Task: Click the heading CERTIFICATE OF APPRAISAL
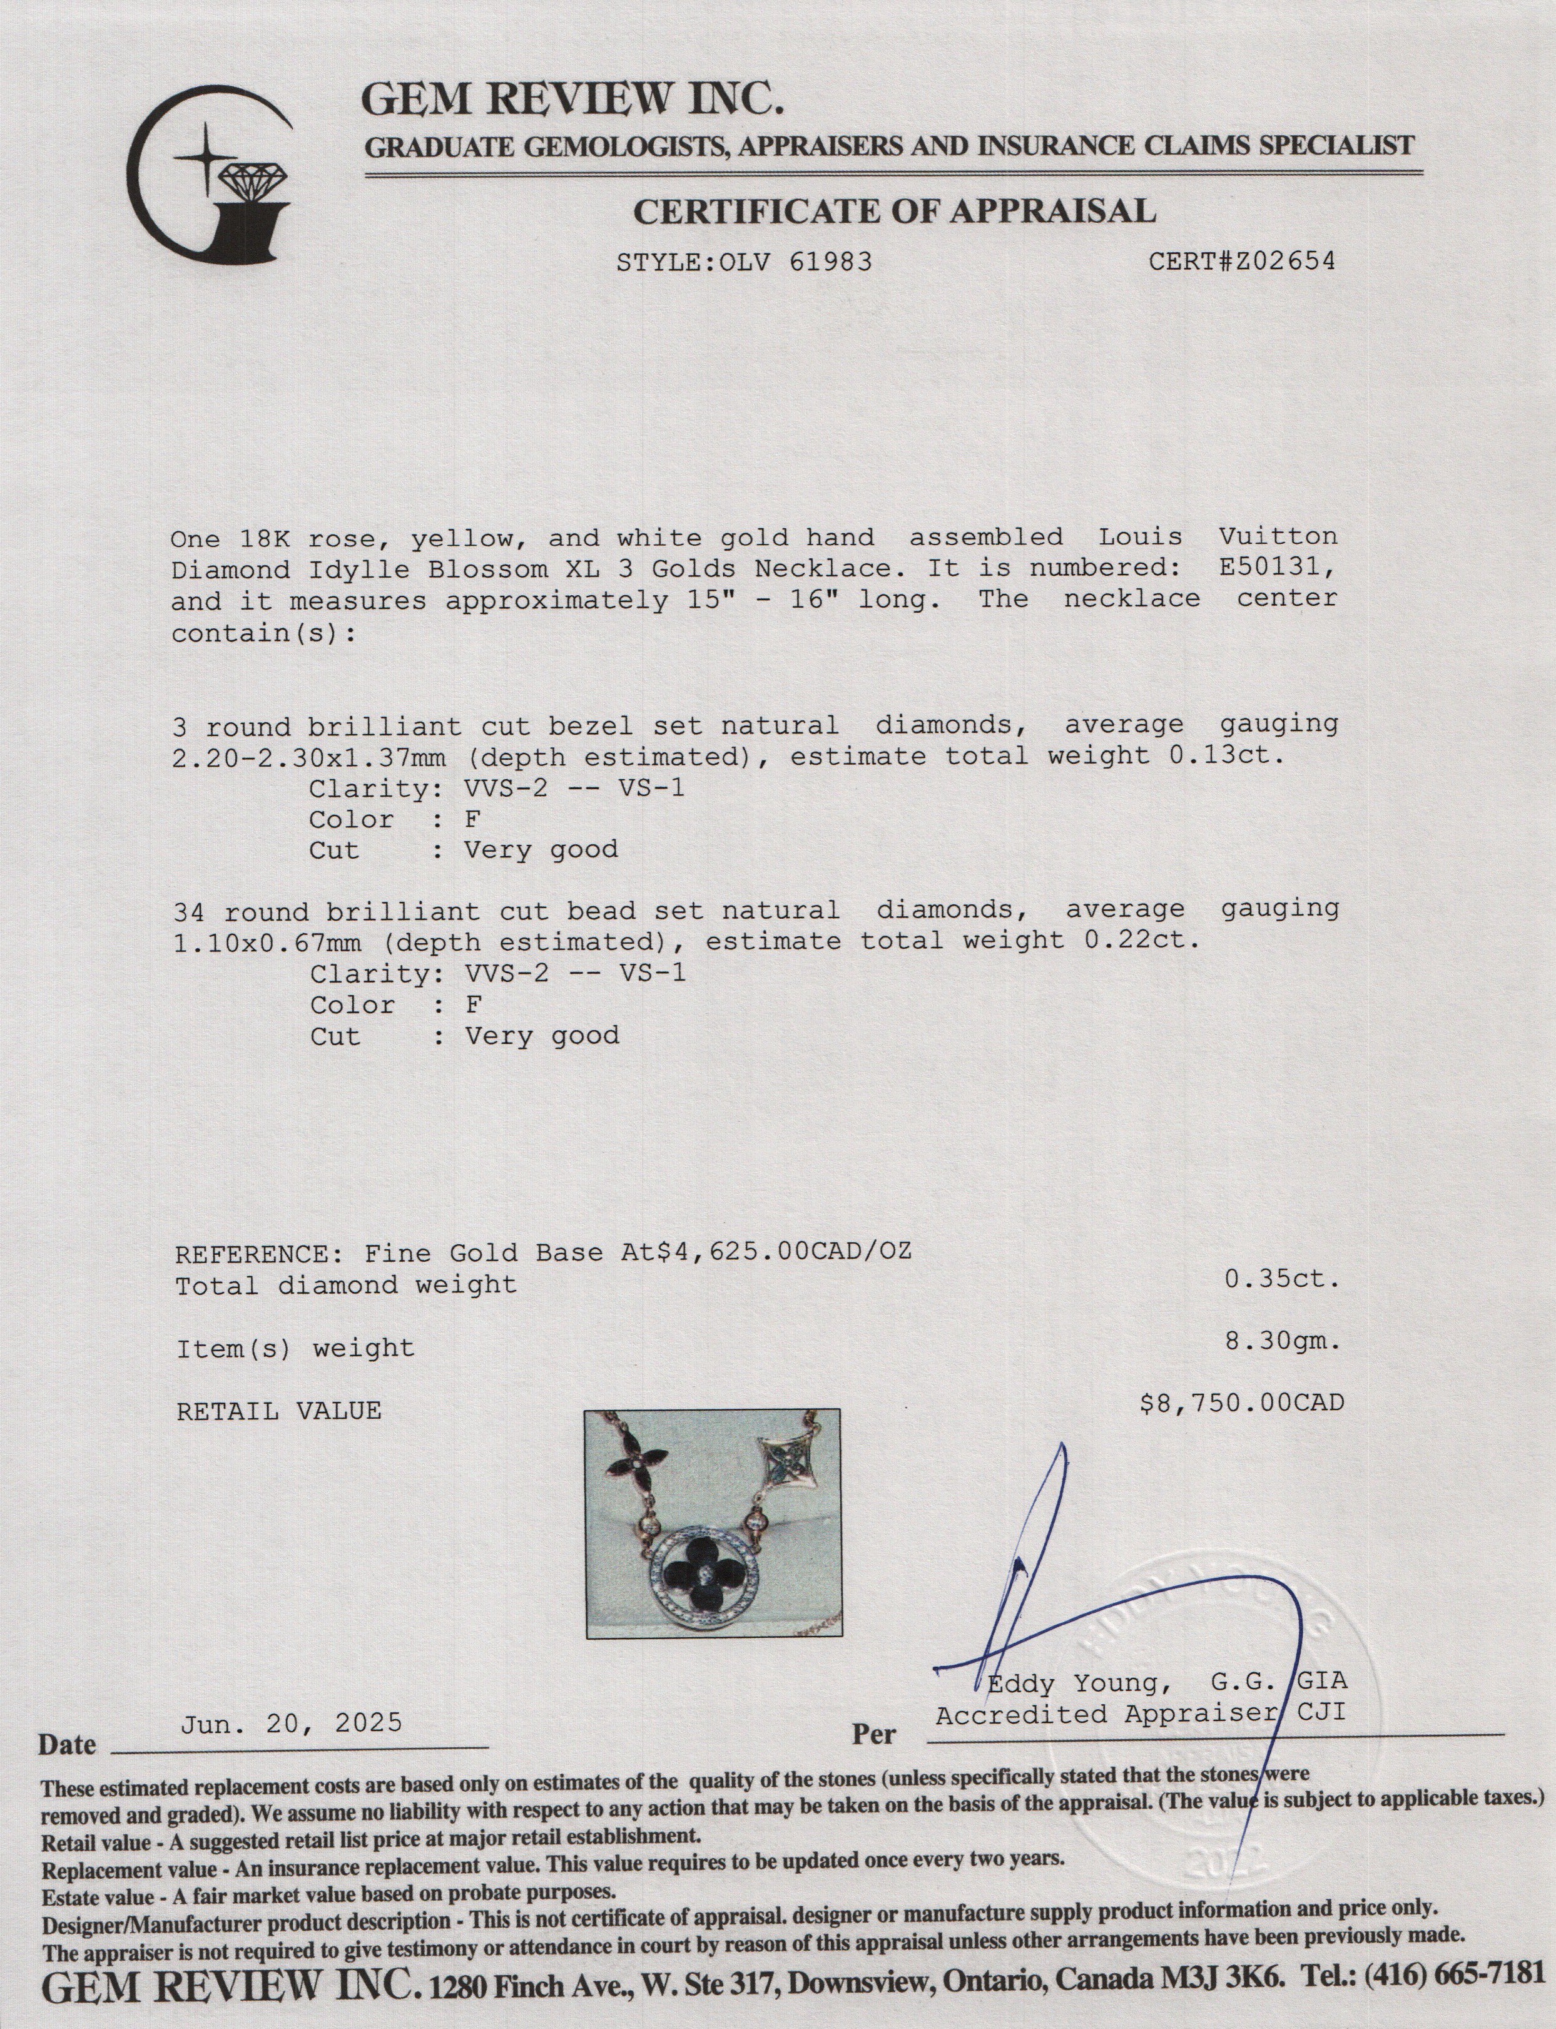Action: [x=894, y=212]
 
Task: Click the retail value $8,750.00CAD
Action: [x=1241, y=1403]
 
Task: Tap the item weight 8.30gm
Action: [x=1283, y=1340]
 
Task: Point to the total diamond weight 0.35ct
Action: [x=1283, y=1279]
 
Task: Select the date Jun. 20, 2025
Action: [x=291, y=1723]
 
